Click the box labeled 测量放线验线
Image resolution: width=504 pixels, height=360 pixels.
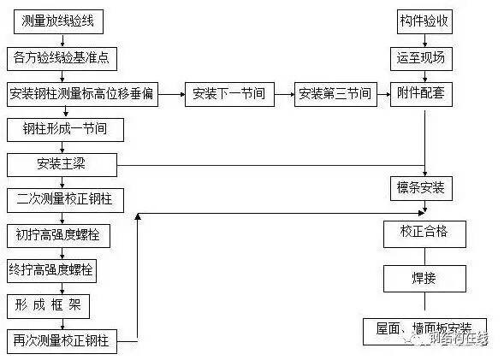(x=56, y=23)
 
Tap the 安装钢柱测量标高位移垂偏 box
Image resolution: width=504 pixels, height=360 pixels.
(x=82, y=93)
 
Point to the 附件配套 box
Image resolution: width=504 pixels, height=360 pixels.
(x=425, y=93)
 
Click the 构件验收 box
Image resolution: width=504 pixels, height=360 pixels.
(x=425, y=23)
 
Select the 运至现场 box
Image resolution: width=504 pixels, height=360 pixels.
(x=425, y=58)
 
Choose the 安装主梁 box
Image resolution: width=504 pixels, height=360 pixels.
(x=61, y=164)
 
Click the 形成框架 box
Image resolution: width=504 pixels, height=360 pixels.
(x=48, y=305)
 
